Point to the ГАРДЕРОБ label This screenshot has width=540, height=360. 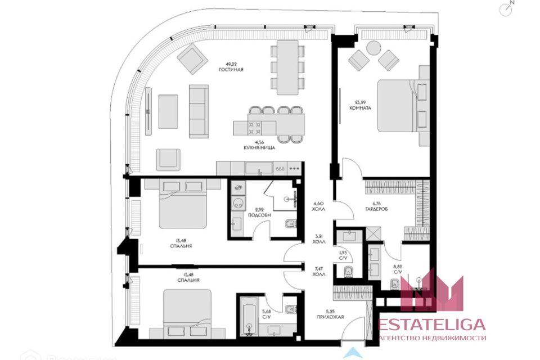pyautogui.click(x=376, y=209)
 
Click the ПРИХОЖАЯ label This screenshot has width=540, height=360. pyautogui.click(x=347, y=317)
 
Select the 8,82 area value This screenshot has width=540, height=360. pyautogui.click(x=397, y=267)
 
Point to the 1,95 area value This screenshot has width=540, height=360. pyautogui.click(x=343, y=252)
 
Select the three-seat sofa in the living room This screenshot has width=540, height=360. pyautogui.click(x=198, y=111)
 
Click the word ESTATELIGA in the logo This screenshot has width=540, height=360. pyautogui.click(x=433, y=325)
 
